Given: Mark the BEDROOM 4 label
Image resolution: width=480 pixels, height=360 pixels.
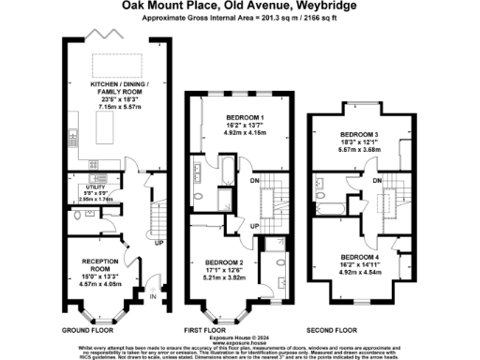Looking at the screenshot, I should click(x=360, y=256).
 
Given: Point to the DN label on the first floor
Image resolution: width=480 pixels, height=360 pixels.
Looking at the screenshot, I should click(x=256, y=181).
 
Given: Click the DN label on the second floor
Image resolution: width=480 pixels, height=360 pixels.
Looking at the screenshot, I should click(x=376, y=179).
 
